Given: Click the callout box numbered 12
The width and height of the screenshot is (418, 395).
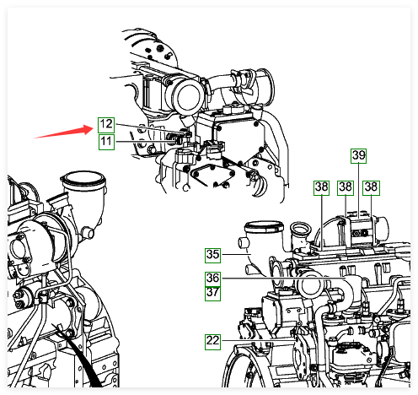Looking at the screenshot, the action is click(x=106, y=125).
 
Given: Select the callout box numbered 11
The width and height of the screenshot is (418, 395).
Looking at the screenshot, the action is click(x=106, y=142).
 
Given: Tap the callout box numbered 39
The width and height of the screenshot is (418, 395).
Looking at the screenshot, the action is click(x=359, y=155).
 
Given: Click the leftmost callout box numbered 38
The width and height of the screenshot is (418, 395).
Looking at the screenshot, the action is click(x=321, y=187).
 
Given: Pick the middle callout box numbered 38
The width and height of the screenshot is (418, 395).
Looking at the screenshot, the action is click(x=346, y=187).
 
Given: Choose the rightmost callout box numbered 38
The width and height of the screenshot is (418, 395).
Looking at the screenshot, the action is click(x=371, y=187).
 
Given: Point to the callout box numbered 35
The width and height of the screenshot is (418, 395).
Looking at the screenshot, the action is click(x=212, y=255).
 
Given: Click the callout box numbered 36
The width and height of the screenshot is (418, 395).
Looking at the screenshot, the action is click(x=212, y=279).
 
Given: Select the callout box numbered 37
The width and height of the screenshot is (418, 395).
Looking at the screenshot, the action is click(x=212, y=294).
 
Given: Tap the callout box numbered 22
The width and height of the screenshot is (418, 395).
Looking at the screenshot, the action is click(x=212, y=342).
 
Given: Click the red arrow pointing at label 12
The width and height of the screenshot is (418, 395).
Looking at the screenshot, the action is click(x=64, y=133).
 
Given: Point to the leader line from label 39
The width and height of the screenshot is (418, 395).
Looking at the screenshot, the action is click(x=359, y=191).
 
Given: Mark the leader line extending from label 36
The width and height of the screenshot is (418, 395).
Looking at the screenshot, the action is click(x=283, y=278).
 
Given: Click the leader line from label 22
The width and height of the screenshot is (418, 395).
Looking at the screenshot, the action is click(x=258, y=340).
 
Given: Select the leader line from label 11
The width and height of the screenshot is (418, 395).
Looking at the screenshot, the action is click(x=146, y=141).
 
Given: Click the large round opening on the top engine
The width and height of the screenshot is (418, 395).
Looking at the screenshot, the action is click(x=189, y=96).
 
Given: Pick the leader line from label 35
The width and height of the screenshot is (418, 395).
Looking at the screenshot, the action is click(x=235, y=254).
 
